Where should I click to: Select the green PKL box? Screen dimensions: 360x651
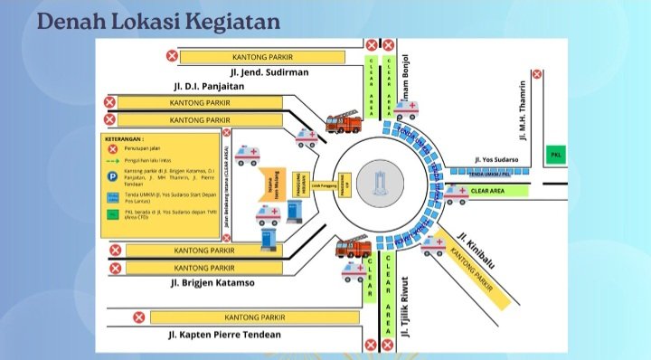tap(557, 156)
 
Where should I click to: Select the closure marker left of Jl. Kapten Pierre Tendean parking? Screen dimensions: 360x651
tap(139, 317)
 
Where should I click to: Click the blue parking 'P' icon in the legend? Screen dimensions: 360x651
tap(113, 172)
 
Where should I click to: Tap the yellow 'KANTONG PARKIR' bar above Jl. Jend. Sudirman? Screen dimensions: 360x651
tap(262, 57)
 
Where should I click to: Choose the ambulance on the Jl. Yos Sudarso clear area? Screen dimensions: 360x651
tap(455, 193)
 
